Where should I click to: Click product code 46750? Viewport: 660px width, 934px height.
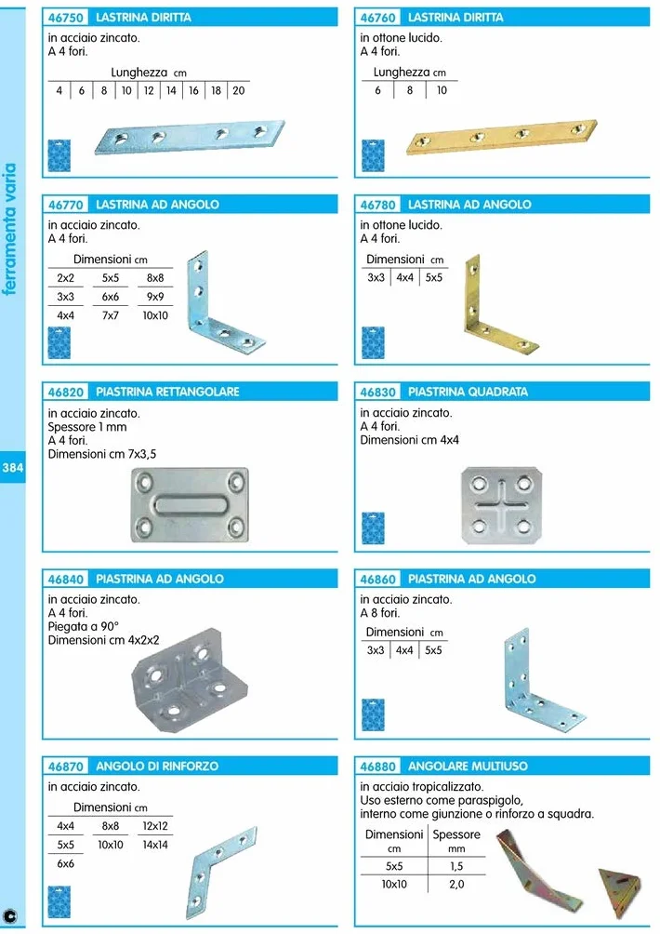(x=65, y=18)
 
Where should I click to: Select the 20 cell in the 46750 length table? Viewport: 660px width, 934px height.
(x=239, y=90)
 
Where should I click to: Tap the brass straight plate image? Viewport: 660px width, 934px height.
(x=502, y=137)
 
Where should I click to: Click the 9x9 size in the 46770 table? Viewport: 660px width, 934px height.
(x=154, y=297)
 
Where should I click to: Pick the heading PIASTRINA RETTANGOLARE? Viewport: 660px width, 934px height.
(x=168, y=392)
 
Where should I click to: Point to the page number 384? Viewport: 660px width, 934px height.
(x=12, y=468)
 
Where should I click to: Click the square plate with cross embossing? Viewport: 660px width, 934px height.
(x=502, y=505)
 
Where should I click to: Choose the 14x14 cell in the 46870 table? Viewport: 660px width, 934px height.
(x=154, y=845)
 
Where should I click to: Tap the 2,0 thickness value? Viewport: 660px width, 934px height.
(x=456, y=885)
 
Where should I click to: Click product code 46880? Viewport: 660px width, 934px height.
(x=378, y=766)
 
